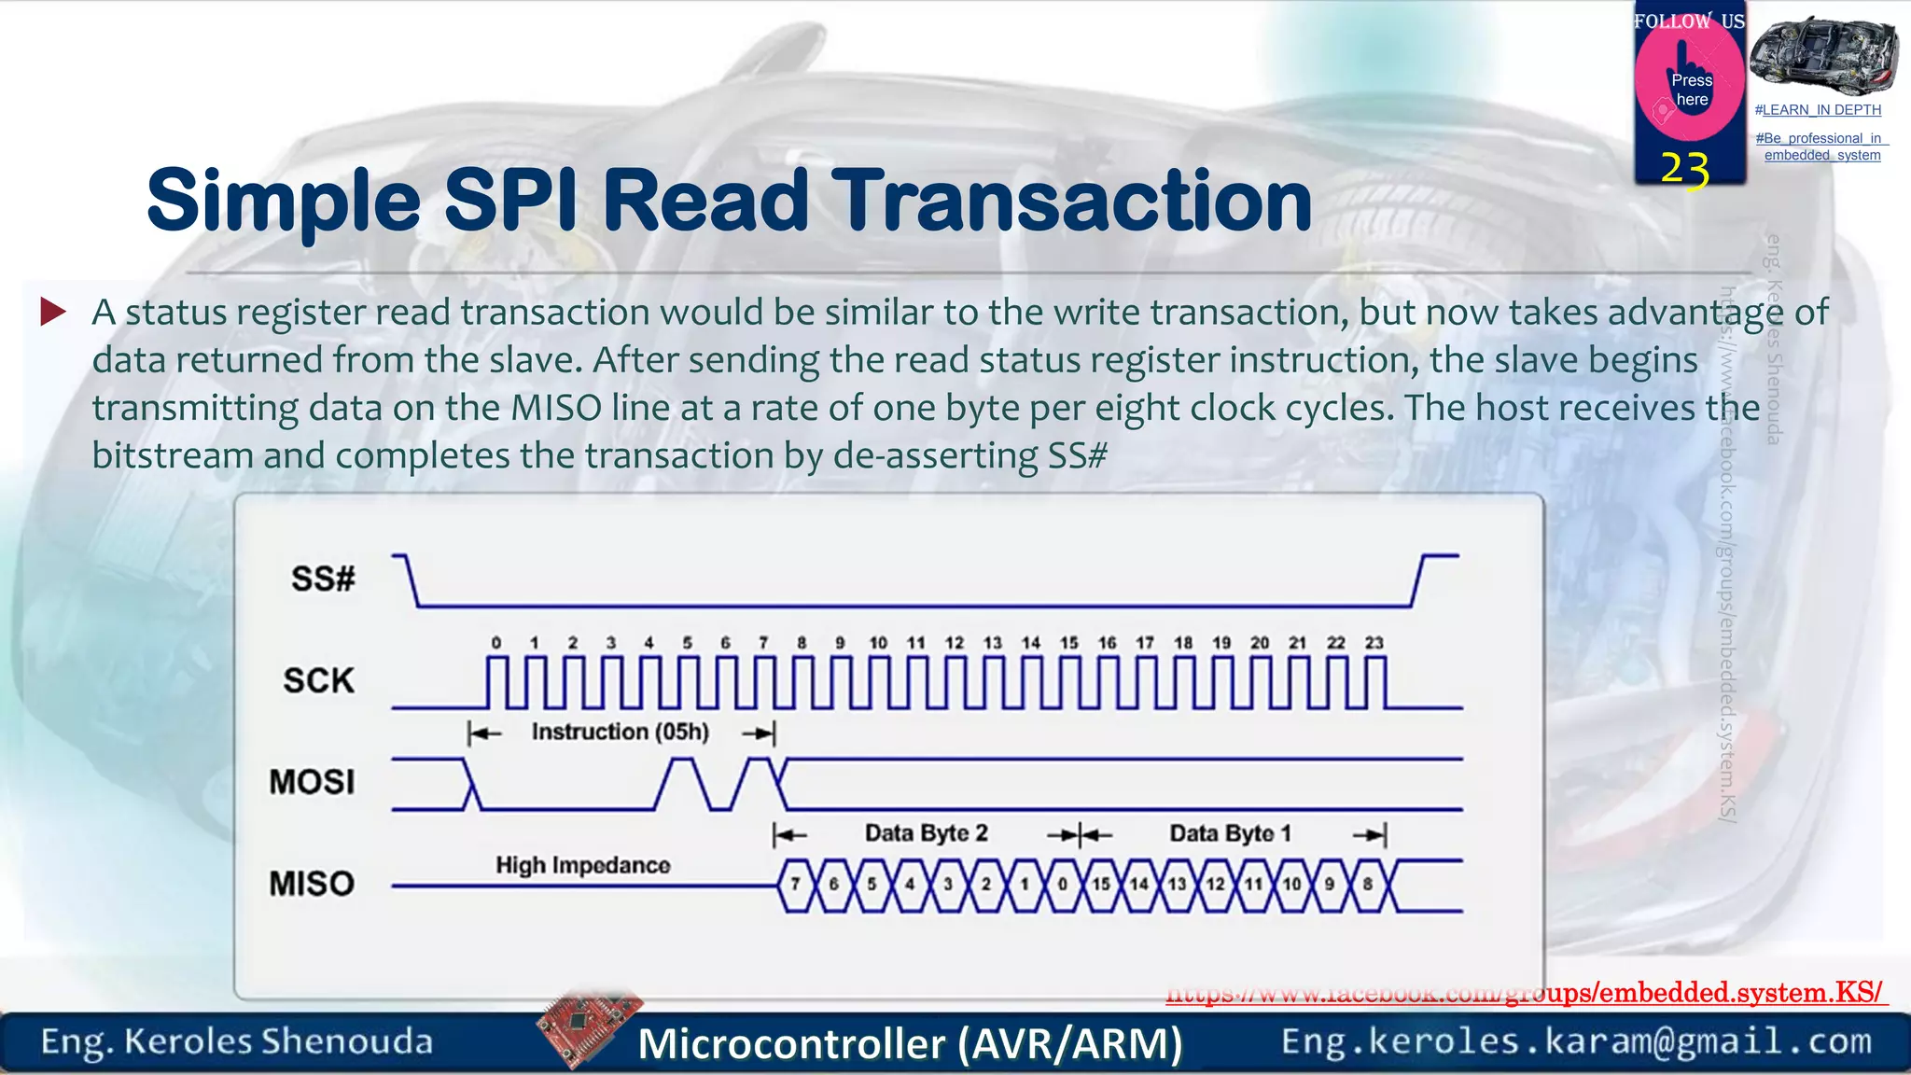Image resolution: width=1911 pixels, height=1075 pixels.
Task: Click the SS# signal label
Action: [323, 579]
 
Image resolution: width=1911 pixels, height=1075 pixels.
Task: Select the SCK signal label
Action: [319, 680]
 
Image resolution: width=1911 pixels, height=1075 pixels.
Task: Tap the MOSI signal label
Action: [312, 782]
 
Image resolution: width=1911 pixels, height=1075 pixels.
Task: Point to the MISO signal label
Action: [312, 883]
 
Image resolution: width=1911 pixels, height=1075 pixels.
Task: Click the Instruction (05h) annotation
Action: [621, 733]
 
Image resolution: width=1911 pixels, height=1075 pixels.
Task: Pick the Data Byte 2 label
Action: [926, 833]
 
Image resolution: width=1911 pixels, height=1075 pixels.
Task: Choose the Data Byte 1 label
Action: [1230, 833]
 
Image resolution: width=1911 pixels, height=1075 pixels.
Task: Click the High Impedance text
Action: [583, 865]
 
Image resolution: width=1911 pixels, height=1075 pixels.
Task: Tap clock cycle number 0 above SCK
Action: [496, 643]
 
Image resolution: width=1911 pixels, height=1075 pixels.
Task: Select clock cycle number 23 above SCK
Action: [1374, 643]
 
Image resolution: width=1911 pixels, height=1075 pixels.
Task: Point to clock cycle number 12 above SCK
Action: [954, 643]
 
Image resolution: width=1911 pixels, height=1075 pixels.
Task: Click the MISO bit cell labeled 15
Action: [1101, 884]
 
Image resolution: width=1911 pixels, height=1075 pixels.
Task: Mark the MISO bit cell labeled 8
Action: [1368, 884]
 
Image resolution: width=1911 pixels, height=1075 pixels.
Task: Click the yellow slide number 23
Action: [1685, 170]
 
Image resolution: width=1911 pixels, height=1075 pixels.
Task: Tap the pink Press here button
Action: [1690, 88]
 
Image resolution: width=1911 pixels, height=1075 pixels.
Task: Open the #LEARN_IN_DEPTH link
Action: [1818, 110]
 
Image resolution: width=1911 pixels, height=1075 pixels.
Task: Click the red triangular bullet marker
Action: [53, 312]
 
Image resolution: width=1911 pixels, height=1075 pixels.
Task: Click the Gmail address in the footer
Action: [1576, 1041]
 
